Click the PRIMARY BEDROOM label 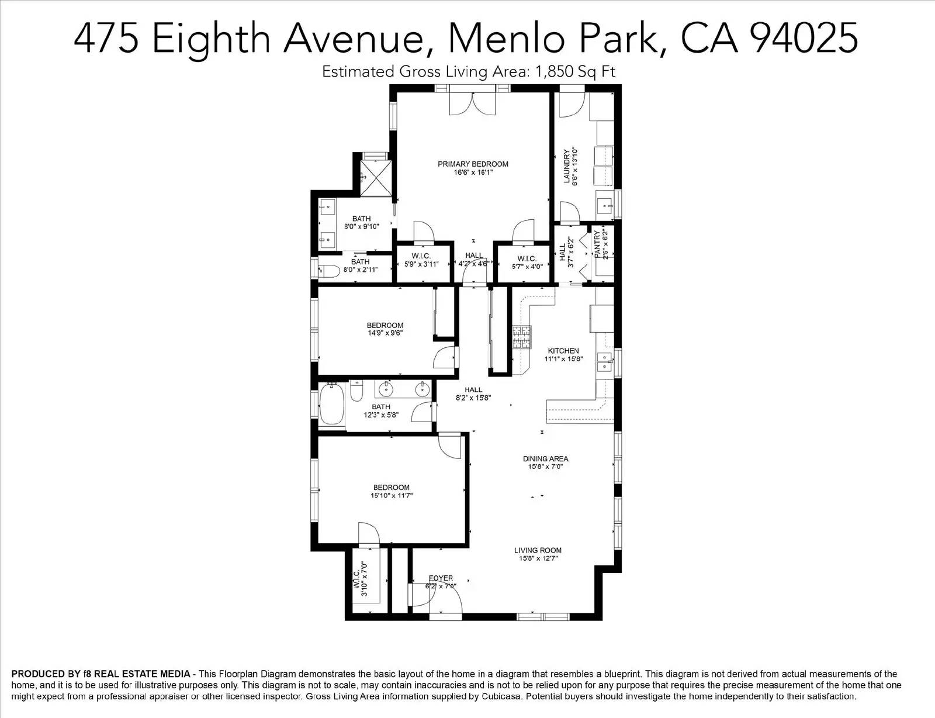(473, 164)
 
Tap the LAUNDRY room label (567, 165)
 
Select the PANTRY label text (597, 244)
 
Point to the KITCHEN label (563, 351)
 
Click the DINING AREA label (546, 459)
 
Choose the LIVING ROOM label (538, 550)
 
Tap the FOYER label (441, 578)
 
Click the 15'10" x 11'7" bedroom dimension (392, 495)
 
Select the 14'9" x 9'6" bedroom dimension (385, 333)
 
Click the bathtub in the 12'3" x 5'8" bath (332, 404)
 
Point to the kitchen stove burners (521, 337)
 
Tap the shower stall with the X (376, 178)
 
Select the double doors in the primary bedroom (472, 103)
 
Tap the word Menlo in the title (505, 37)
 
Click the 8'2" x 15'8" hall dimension (473, 398)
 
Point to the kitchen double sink (605, 362)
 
